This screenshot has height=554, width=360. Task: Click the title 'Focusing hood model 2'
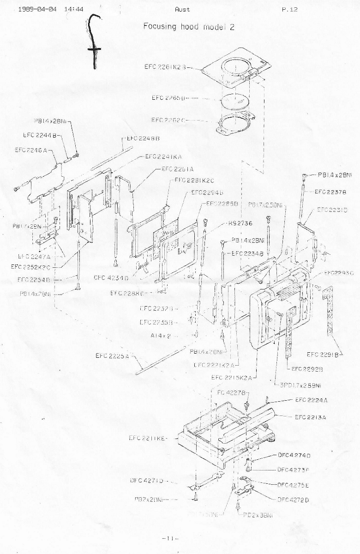[189, 26]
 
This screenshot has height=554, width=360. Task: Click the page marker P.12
[290, 9]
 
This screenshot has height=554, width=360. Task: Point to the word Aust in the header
[182, 9]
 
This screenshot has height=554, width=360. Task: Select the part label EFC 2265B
[168, 98]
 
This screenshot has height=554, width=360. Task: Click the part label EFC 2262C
[168, 120]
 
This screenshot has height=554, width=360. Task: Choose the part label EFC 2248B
[143, 138]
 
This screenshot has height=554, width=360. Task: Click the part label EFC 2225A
[113, 355]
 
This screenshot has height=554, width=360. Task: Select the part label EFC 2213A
[311, 417]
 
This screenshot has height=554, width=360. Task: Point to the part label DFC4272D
[294, 500]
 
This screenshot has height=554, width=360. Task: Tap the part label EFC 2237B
[330, 192]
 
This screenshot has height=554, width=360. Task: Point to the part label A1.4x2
[161, 336]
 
